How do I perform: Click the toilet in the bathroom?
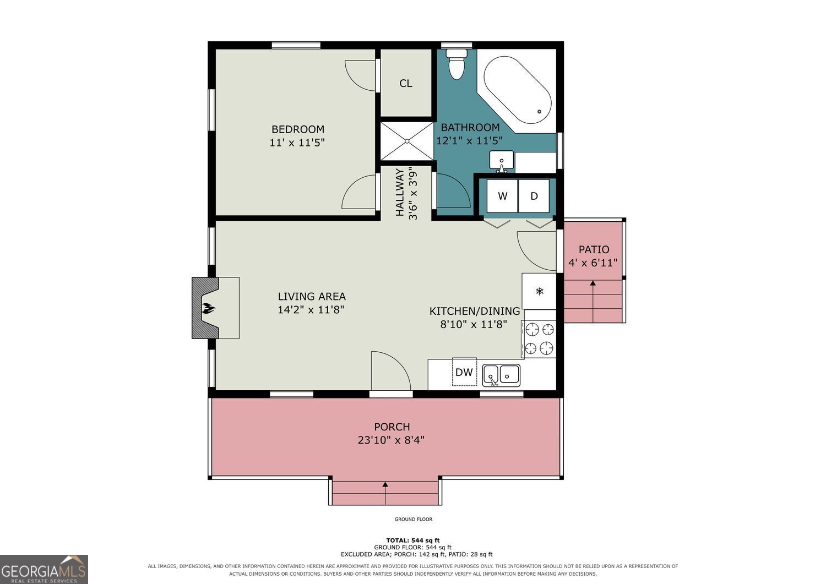point(457,64)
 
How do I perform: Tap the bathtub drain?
point(539,111)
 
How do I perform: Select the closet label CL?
point(406,83)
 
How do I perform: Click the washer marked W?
point(502,196)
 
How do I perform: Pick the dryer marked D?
point(534,196)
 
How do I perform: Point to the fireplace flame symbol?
point(208,308)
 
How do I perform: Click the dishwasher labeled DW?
point(464,372)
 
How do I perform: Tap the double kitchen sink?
point(501,376)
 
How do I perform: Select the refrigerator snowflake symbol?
point(540,292)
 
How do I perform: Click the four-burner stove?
point(539,339)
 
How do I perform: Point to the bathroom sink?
point(502,161)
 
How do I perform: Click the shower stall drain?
point(407,141)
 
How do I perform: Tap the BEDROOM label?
point(298,129)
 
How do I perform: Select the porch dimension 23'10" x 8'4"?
point(391,440)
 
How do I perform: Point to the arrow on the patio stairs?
point(593,301)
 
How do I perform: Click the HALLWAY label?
point(400,192)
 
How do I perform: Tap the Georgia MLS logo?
point(44,569)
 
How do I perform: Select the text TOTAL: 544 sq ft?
point(413,541)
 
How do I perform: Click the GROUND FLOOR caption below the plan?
point(414,519)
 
